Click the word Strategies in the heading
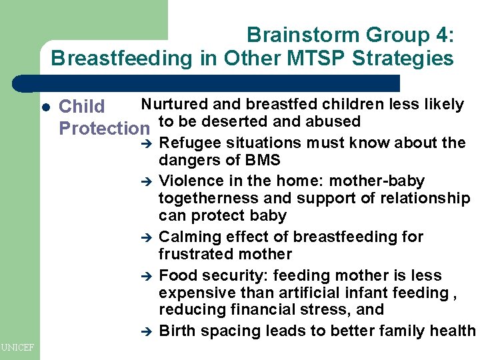[409, 59]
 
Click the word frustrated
[192, 254]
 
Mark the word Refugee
[187, 143]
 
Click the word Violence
[189, 181]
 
